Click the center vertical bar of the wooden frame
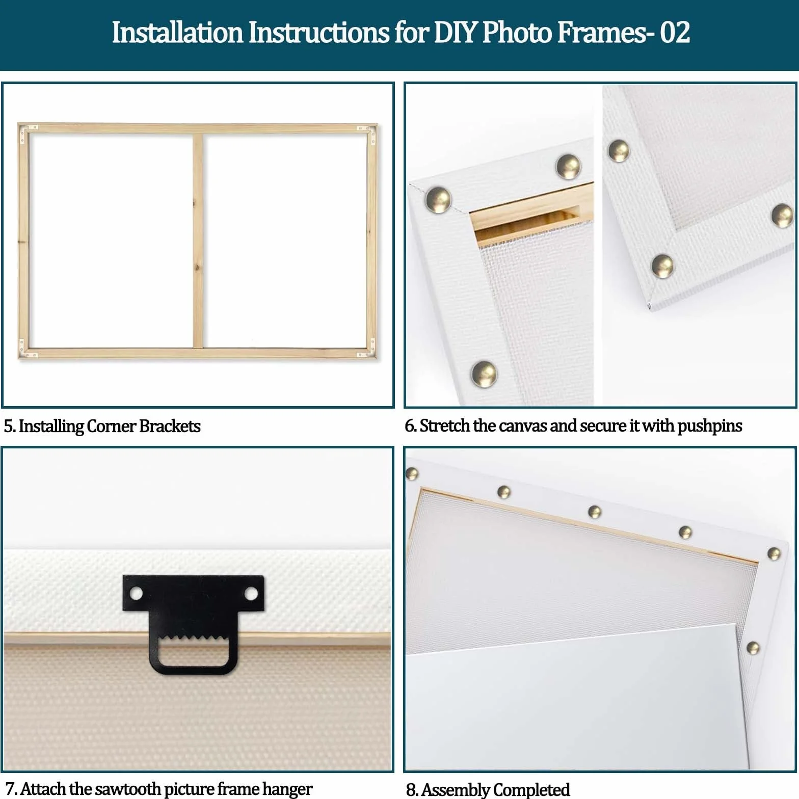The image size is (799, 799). tap(198, 241)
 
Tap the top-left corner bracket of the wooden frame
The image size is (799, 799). tap(27, 132)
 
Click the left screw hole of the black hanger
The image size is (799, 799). tap(136, 593)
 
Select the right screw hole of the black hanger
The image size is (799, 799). tap(251, 593)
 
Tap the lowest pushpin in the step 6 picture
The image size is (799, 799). tap(484, 373)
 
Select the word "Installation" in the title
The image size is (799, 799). tap(177, 32)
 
